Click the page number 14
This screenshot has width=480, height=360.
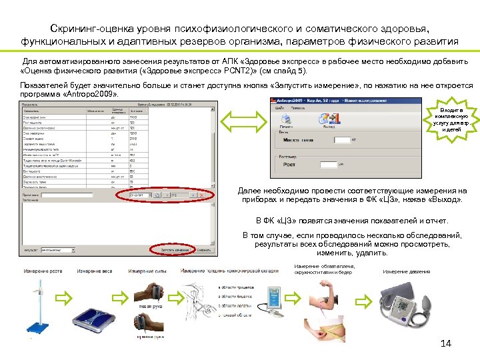(x=447, y=343)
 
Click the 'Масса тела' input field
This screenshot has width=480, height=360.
(x=342, y=141)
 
